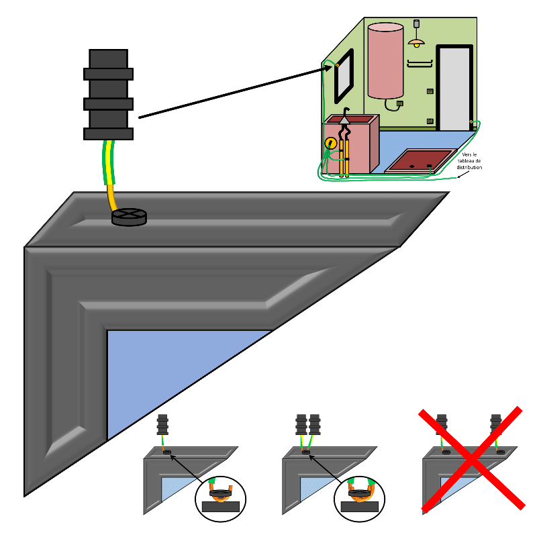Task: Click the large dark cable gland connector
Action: tap(108, 94)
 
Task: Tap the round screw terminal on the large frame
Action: tap(129, 216)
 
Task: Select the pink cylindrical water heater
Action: tap(385, 60)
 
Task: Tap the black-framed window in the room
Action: tap(343, 75)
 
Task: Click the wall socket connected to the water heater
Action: tap(400, 103)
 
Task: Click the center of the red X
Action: tap(472, 458)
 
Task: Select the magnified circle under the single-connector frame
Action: tap(220, 497)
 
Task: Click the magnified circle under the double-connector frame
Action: tap(360, 497)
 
